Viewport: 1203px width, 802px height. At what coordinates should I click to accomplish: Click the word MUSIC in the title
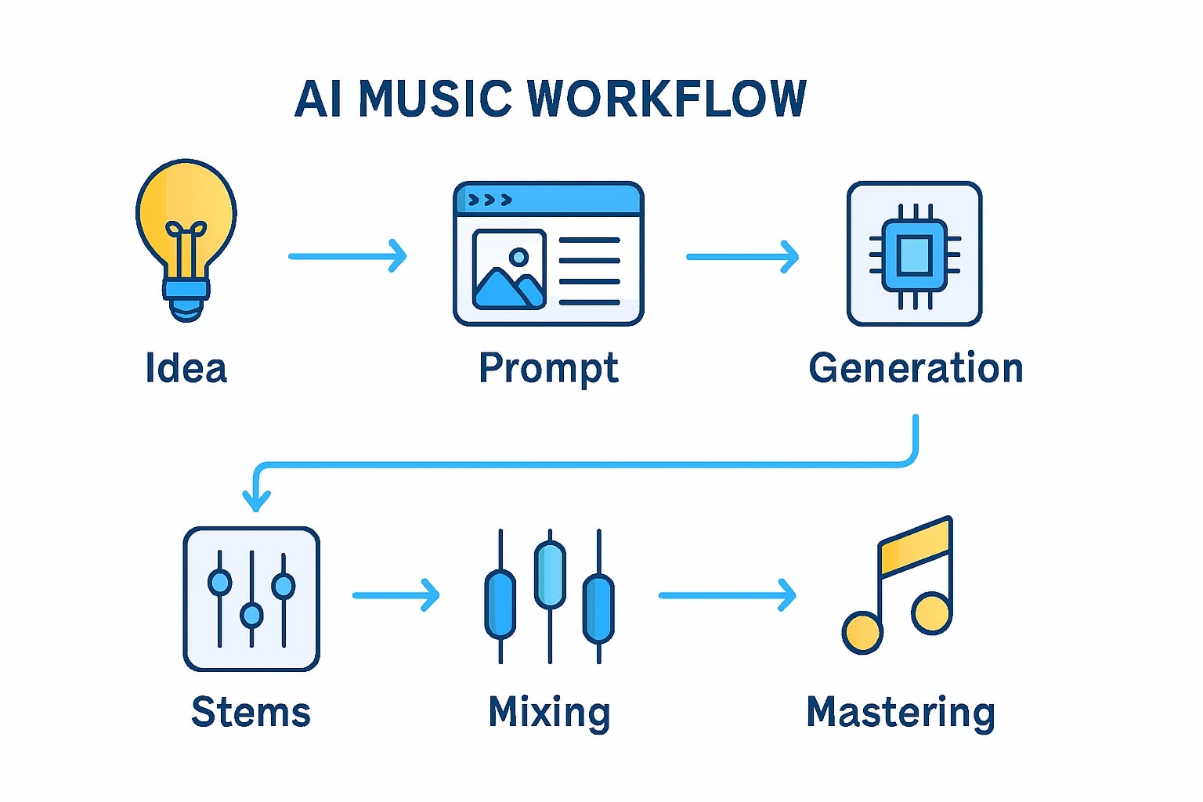click(435, 99)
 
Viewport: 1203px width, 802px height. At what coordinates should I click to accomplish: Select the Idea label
click(186, 368)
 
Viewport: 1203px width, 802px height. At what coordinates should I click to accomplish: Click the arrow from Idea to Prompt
click(348, 256)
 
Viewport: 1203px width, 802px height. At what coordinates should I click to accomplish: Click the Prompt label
click(548, 368)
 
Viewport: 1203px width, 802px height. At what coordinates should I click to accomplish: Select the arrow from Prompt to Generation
click(742, 256)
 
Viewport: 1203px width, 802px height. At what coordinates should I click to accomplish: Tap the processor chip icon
click(914, 254)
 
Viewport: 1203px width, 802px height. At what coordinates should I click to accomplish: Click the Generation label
click(916, 368)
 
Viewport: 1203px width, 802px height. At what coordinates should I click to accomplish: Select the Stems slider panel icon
click(251, 599)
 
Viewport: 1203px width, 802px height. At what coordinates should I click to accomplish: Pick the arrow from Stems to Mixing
click(396, 595)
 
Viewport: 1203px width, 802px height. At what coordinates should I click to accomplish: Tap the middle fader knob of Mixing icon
click(550, 574)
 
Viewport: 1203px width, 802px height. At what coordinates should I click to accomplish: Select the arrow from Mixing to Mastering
click(727, 595)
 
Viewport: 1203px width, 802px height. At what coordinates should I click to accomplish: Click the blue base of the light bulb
click(186, 292)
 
